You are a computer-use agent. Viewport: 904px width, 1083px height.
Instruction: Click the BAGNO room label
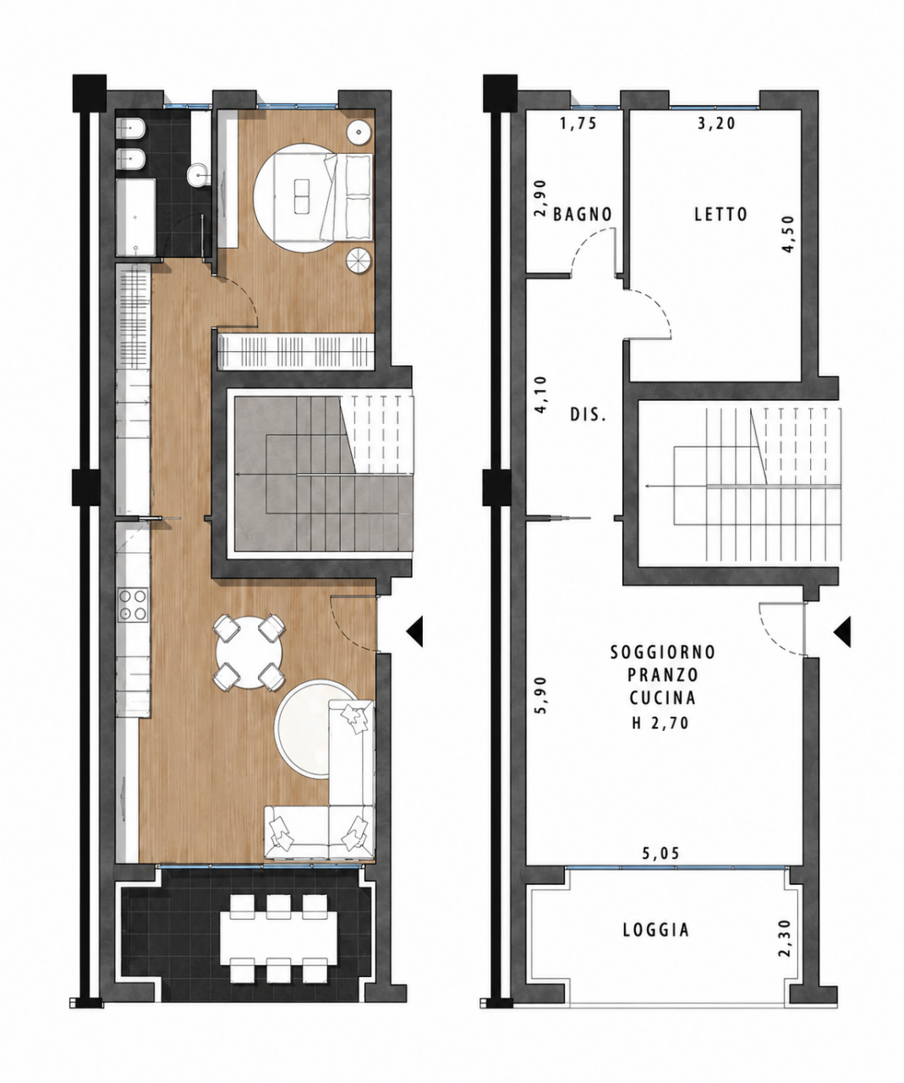[x=583, y=214]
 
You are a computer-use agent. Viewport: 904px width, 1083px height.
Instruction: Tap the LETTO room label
[x=721, y=214]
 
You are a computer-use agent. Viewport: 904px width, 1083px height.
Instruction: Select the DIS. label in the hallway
[x=588, y=415]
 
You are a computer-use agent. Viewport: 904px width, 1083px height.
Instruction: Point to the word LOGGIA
[x=655, y=930]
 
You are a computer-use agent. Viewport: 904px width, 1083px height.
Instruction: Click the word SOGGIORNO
[x=663, y=652]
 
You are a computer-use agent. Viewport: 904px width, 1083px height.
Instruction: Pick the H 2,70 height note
[x=660, y=723]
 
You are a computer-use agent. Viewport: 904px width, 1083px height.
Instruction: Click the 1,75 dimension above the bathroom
[x=579, y=124]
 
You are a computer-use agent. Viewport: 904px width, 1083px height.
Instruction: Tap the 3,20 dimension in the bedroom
[x=716, y=123]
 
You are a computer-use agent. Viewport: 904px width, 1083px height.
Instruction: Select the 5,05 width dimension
[x=661, y=853]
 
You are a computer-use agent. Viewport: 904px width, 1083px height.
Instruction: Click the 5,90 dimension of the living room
[x=540, y=695]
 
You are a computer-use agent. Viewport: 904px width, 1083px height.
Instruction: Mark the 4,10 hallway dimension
[x=540, y=394]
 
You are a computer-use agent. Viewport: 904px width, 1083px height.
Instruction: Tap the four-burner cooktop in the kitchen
[x=133, y=605]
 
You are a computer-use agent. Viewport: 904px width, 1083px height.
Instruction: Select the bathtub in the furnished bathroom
[x=136, y=217]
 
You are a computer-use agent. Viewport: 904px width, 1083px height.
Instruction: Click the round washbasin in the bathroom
[x=198, y=175]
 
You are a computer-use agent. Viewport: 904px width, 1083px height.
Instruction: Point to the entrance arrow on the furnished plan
[x=414, y=632]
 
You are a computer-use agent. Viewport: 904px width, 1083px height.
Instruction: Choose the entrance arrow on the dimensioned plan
[x=842, y=632]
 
